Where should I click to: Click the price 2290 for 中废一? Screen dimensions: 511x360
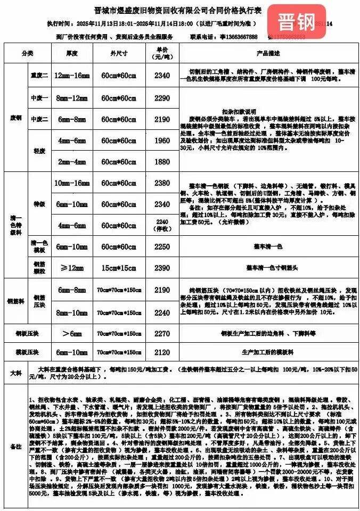[x=162, y=98]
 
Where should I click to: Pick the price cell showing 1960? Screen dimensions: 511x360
[x=162, y=141]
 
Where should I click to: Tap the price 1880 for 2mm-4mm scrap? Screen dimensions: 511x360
[x=162, y=162]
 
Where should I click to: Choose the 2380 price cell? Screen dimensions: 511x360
[x=162, y=183]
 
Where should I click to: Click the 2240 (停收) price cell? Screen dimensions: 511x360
[x=162, y=225]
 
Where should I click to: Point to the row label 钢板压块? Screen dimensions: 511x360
[x=29, y=334]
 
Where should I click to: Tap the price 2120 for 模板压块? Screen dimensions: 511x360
[x=162, y=352]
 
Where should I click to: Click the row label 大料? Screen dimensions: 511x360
[x=15, y=373]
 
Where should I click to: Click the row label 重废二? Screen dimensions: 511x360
[x=39, y=76]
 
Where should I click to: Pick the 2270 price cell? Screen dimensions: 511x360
[x=162, y=334]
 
